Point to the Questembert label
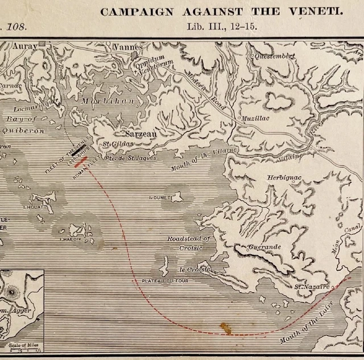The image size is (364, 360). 275,56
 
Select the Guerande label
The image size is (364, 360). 264,248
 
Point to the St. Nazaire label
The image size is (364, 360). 312,288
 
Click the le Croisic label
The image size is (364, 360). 195,269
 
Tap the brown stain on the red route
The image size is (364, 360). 226,328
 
